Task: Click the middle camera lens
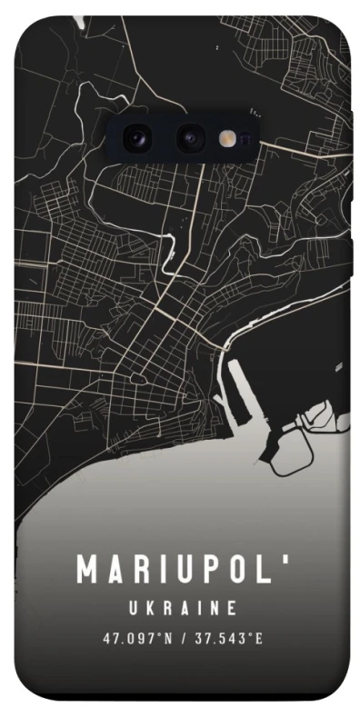(189, 138)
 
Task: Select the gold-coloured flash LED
(225, 137)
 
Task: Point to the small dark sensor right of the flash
(246, 137)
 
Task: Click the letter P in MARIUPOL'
(205, 571)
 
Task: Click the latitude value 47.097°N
(137, 638)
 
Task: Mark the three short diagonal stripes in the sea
(340, 366)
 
